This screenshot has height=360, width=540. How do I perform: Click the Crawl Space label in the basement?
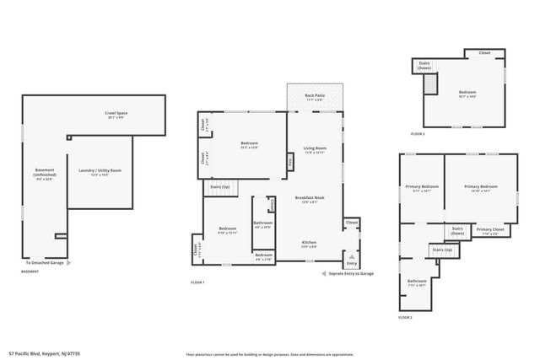tap(116, 113)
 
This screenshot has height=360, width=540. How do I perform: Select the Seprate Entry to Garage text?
tap(351, 274)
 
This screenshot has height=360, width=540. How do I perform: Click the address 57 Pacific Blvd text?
tap(46, 354)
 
